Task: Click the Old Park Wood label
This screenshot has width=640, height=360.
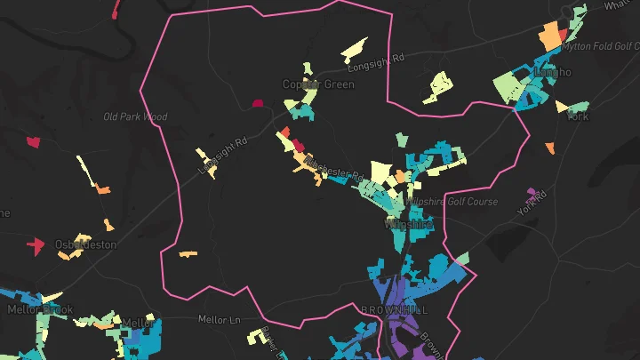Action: pos(135,116)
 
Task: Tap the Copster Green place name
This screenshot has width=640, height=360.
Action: pos(318,84)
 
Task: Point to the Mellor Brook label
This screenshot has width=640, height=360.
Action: pos(40,309)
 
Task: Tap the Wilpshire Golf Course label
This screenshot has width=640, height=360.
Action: pos(460,202)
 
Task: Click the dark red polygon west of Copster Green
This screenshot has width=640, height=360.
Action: pos(259,103)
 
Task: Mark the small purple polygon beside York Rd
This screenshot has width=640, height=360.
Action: pos(532,191)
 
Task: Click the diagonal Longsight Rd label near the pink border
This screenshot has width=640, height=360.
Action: pos(222,155)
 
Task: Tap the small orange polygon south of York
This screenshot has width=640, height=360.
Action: pos(550,147)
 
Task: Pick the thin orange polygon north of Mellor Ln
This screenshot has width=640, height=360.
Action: pos(187,254)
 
